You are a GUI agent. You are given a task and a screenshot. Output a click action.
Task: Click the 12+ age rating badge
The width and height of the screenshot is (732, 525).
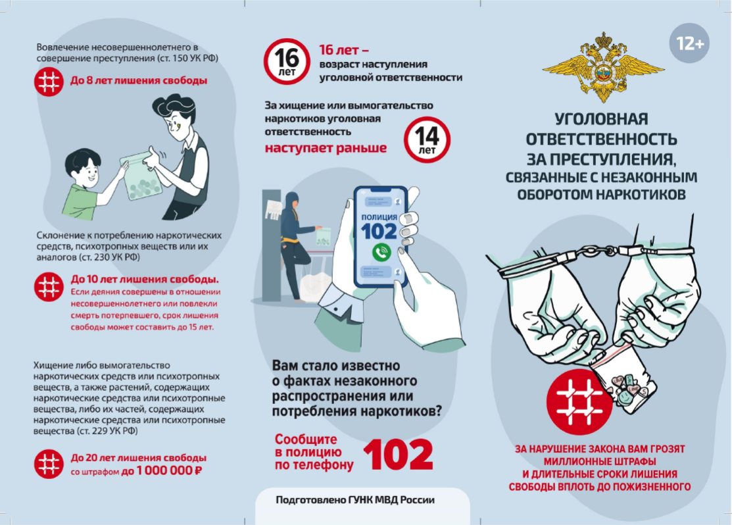coord(689,43)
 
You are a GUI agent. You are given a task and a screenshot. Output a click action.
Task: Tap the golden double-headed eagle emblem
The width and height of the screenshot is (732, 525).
coord(603,67)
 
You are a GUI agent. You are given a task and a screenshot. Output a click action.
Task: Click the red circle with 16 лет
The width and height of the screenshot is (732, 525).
coord(287,61)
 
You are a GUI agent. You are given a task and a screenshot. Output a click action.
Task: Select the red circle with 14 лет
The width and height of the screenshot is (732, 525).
coord(427,139)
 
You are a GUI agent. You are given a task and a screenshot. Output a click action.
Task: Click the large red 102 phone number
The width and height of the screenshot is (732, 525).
coord(398,454)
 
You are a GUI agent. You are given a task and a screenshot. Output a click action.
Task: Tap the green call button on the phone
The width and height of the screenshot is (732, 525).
coord(381,253)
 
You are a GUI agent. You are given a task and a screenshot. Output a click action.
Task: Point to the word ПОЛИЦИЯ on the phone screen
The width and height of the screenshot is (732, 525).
coord(379,217)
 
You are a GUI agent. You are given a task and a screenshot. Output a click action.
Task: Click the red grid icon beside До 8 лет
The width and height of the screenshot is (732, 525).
coord(49,82)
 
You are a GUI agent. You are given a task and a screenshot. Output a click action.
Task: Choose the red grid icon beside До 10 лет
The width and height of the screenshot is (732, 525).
coord(49,287)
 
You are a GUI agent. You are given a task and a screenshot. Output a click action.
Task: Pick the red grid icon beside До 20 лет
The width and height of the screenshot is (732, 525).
coord(49,464)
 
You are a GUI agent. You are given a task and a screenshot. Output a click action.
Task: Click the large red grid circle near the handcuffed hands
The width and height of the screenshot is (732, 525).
coord(579,402)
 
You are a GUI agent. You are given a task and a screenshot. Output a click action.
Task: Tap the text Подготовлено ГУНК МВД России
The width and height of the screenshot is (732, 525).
coord(354,500)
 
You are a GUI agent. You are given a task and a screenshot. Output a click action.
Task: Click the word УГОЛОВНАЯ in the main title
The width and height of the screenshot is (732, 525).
coord(601,119)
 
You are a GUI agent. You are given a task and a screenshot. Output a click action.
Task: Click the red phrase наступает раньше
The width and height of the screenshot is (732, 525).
coord(326,148)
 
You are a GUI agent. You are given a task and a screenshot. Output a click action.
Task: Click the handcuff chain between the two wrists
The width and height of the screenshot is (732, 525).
coord(600,251)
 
